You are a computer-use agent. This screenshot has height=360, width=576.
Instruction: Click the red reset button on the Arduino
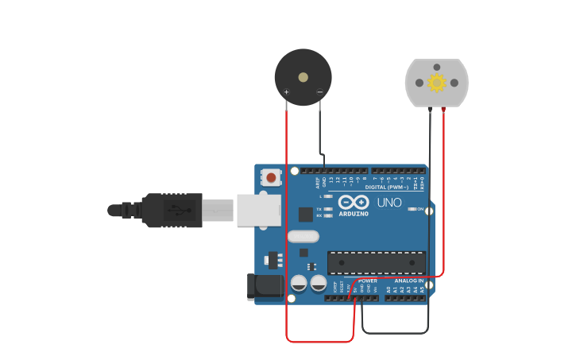tap(272, 178)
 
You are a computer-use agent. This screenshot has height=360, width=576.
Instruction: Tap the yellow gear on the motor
tap(436, 83)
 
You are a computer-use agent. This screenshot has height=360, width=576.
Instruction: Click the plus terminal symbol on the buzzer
tap(287, 92)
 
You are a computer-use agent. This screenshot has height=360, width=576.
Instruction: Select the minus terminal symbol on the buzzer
tap(319, 92)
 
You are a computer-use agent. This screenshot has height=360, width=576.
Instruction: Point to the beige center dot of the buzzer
tap(303, 77)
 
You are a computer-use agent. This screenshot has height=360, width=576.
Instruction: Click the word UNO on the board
tap(389, 203)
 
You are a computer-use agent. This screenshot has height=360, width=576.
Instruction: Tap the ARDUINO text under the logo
tap(354, 214)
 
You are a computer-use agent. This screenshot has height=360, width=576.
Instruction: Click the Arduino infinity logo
tap(354, 201)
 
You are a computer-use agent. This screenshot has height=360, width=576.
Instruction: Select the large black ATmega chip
tap(376, 262)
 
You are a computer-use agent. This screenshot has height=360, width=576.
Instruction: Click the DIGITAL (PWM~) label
tap(387, 188)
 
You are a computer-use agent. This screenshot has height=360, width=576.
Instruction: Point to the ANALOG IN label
tap(410, 281)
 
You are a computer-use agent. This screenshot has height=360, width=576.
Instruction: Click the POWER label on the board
tap(368, 281)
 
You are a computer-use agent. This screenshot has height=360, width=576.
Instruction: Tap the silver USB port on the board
tap(259, 210)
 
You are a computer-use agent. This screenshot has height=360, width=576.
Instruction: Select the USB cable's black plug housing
tap(172, 211)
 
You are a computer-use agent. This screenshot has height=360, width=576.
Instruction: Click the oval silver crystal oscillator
tap(303, 236)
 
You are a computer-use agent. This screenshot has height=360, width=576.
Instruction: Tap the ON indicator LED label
tap(419, 209)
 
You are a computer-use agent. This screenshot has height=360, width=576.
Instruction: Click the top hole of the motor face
tap(436, 68)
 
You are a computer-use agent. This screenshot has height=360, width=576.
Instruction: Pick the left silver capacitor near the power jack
tap(299, 282)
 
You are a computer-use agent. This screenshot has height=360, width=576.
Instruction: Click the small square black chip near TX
tap(306, 214)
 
